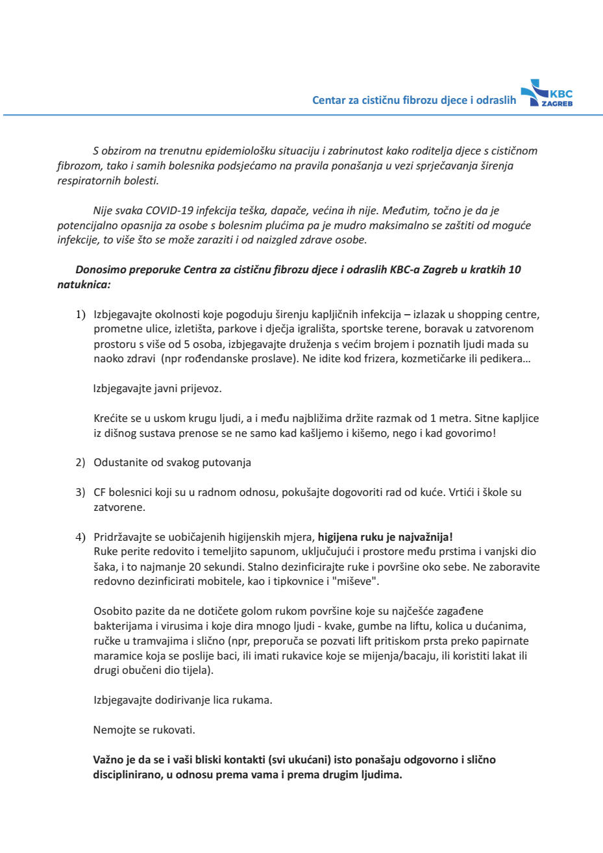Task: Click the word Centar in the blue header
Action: (x=330, y=100)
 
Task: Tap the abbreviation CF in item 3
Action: (x=101, y=493)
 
